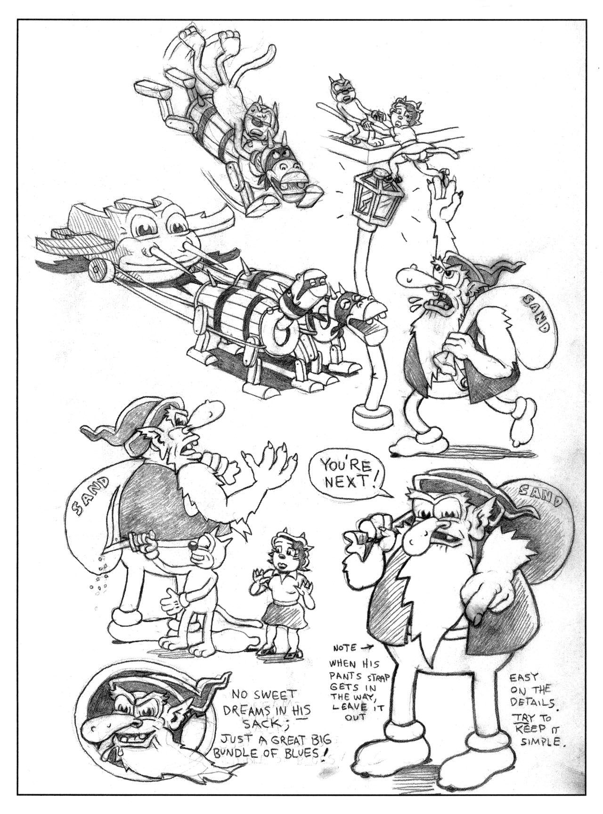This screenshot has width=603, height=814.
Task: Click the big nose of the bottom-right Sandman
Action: pyautogui.click(x=419, y=536)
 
